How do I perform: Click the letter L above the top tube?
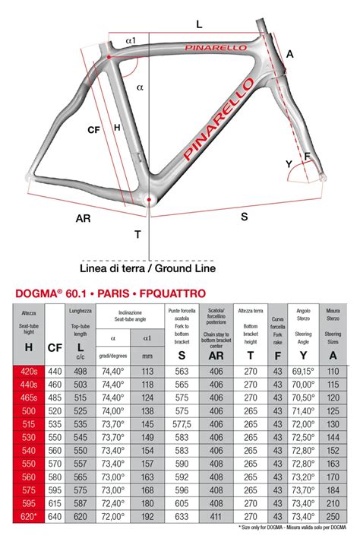[x=199, y=24]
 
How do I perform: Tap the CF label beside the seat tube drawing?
[x=93, y=130]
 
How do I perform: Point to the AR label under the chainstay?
[x=84, y=218]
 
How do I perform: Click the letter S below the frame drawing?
[x=244, y=217]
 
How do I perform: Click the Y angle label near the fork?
[x=289, y=163]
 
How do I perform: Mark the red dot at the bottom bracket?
[x=150, y=201]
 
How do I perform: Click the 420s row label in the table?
[x=30, y=371]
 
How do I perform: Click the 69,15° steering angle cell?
[x=303, y=371]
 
